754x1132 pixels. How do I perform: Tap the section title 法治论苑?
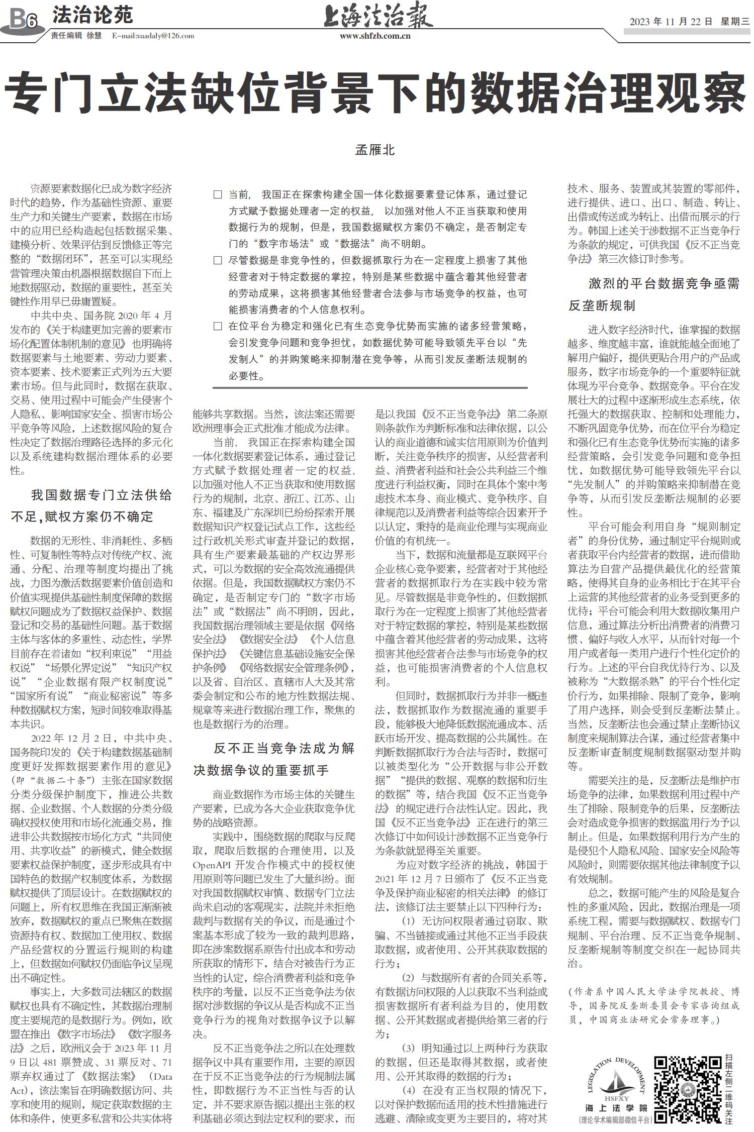[x=92, y=15]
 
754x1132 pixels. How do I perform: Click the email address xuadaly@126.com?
[x=153, y=36]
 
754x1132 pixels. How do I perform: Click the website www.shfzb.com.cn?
[x=375, y=36]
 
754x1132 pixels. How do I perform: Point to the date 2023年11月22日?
[x=671, y=22]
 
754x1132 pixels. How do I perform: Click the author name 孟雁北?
[x=375, y=150]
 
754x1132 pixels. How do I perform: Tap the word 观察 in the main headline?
[x=700, y=94]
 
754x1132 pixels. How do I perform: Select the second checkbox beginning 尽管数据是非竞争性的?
[x=218, y=260]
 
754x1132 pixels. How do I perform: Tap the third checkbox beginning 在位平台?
[x=218, y=326]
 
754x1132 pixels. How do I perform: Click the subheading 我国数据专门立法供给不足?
[x=91, y=505]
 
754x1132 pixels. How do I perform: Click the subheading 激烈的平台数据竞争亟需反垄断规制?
[x=654, y=294]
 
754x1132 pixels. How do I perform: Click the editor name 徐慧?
[x=94, y=36]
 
